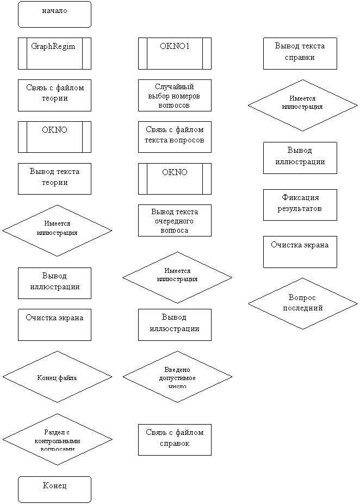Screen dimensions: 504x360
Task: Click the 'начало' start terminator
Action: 54,14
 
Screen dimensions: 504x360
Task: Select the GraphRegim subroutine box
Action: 54,53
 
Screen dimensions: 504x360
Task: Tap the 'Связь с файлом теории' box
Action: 54,95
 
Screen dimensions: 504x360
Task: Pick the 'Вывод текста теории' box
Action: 54,178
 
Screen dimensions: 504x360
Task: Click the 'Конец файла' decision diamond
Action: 57,377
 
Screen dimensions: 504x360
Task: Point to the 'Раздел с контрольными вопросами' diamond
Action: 57,439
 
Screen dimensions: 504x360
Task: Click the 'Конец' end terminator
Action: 54,489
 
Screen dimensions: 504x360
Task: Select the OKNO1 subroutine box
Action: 175,53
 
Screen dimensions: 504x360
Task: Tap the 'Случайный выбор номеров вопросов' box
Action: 175,96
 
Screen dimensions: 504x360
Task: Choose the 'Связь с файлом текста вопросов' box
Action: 175,136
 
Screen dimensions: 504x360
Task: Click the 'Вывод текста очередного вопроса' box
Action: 175,220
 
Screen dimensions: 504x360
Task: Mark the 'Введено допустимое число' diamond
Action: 177,377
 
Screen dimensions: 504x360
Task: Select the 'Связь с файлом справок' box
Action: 175,439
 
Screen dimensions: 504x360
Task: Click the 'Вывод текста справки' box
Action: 300,53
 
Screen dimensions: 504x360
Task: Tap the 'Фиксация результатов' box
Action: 300,204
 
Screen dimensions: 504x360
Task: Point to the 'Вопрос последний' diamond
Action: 302,303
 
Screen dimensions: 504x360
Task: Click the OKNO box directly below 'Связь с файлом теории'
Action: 54,136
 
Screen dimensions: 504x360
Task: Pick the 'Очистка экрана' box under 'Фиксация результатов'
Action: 300,252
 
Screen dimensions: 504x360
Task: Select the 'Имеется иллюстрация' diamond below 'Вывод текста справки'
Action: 302,105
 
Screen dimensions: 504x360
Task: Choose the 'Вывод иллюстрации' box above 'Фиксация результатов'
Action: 300,158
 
